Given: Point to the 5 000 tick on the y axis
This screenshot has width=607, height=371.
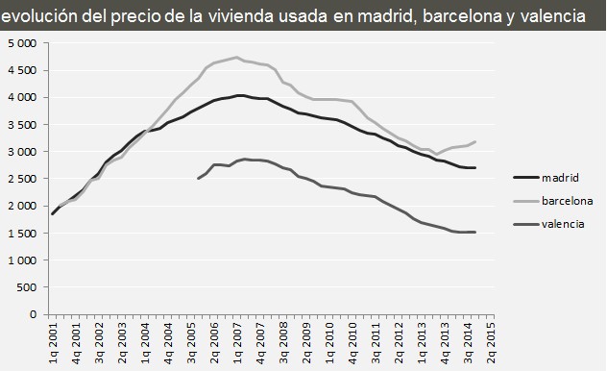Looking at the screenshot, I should [20, 44].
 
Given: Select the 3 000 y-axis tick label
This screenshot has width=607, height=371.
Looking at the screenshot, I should [20, 152].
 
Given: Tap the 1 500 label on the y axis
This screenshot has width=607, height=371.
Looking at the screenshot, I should [20, 233].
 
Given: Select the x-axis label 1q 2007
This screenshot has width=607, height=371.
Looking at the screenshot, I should [236, 341].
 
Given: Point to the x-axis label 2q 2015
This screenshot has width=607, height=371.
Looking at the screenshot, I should [492, 341].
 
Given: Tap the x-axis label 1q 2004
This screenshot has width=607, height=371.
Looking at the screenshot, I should [144, 341].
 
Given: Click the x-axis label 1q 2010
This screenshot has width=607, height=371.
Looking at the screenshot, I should [328, 341].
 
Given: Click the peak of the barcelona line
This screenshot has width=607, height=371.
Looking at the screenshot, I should [236, 57].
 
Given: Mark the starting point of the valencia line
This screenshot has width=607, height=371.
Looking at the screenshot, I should [198, 179].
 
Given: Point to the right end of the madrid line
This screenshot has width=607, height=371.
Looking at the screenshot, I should [475, 168].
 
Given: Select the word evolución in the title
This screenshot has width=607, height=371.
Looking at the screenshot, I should [40, 16].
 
